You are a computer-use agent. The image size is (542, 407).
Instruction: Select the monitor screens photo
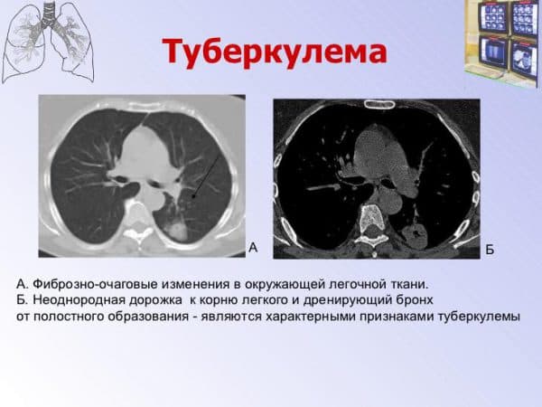click(x=502, y=41)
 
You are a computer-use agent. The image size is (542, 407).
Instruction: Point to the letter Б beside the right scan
click(x=490, y=248)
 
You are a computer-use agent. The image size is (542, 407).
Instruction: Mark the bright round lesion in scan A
click(x=176, y=225)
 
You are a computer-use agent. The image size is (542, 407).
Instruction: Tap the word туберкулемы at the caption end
click(x=476, y=316)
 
